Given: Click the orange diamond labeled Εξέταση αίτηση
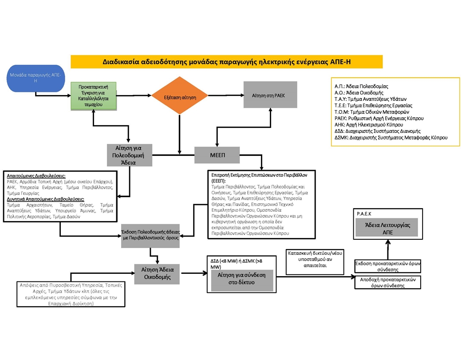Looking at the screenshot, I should (x=179, y=95).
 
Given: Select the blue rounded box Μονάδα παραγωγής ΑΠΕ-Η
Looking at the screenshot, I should (x=36, y=78).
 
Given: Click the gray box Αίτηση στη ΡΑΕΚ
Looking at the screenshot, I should (x=270, y=95).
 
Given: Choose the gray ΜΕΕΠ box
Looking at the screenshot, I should (x=217, y=155).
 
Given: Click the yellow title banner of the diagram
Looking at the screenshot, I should (x=227, y=61).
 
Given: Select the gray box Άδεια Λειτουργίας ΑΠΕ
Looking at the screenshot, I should (x=387, y=228).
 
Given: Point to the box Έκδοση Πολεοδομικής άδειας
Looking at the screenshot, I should (x=150, y=235).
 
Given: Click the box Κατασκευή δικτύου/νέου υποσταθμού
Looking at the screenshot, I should (x=314, y=259).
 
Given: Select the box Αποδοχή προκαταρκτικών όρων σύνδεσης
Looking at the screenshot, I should (x=387, y=282).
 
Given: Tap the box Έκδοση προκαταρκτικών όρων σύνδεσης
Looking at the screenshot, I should (x=387, y=266).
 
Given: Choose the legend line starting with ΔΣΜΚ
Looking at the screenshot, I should (x=391, y=138).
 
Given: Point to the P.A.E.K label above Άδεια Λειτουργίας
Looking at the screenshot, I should (x=364, y=214).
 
